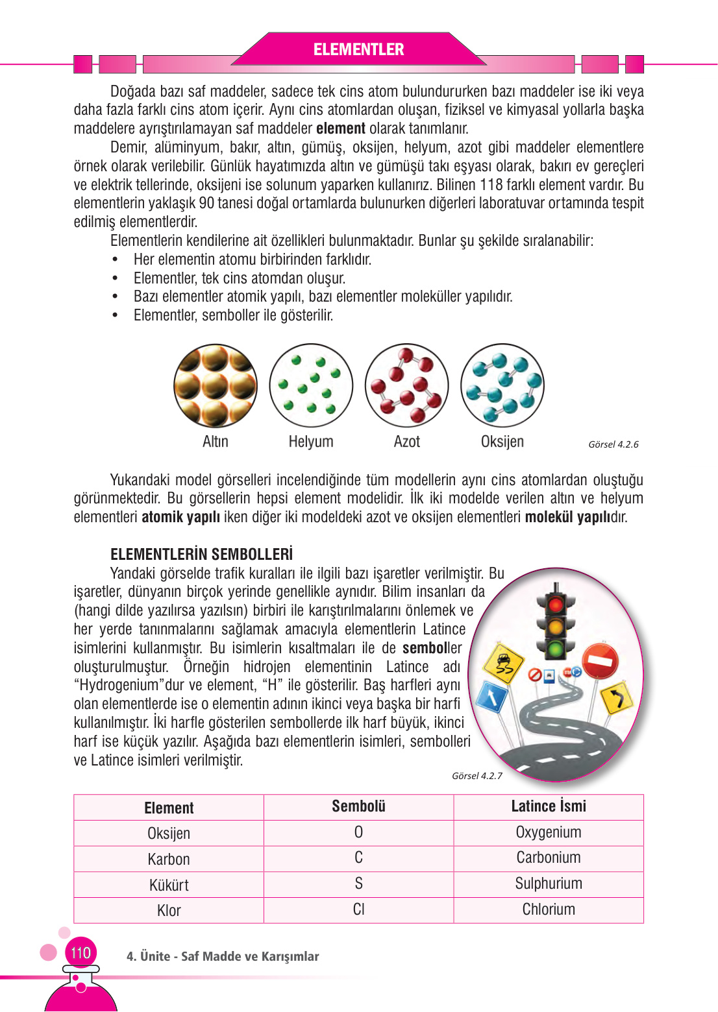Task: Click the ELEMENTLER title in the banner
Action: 358,49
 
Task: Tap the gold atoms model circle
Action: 216,385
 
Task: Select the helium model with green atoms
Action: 311,385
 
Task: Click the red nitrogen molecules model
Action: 406,385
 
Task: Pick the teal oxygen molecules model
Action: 502,385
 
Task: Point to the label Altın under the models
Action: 216,442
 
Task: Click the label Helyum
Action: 311,442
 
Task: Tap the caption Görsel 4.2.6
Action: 613,444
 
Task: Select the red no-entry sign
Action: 600,661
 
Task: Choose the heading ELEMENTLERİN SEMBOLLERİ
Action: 201,554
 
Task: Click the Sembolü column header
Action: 358,806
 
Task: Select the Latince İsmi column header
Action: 549,806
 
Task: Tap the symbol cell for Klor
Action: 358,910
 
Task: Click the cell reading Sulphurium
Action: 549,884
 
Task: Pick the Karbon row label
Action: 169,859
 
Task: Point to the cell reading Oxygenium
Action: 549,832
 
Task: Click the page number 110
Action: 80,953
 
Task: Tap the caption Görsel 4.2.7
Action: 477,776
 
